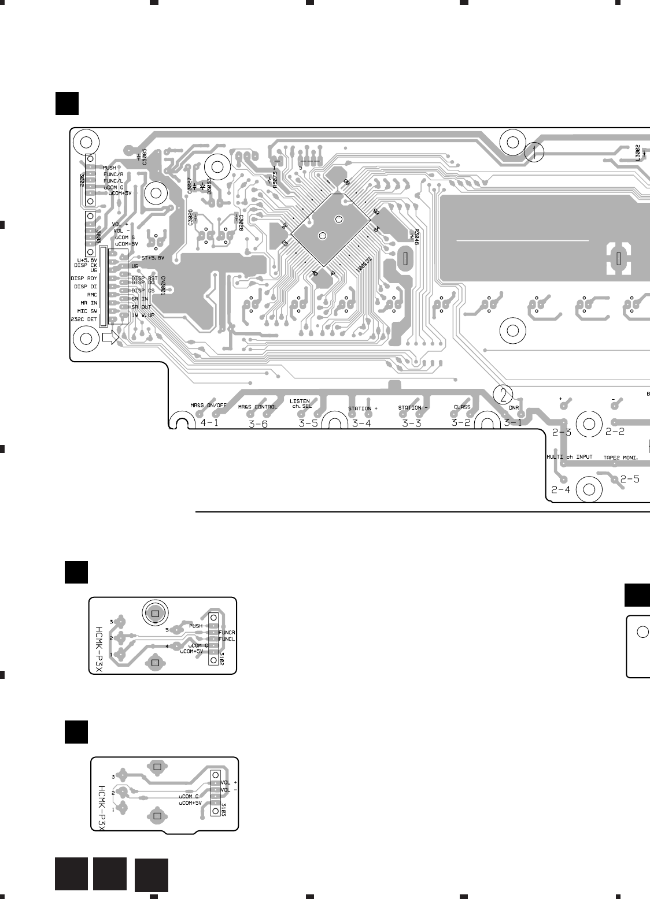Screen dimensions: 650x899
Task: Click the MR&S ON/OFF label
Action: pyautogui.click(x=208, y=406)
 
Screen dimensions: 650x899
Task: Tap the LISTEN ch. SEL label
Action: pyautogui.click(x=300, y=403)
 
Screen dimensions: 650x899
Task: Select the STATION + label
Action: pyautogui.click(x=363, y=408)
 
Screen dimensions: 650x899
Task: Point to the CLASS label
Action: pyautogui.click(x=462, y=407)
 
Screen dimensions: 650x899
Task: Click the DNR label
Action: pyautogui.click(x=514, y=408)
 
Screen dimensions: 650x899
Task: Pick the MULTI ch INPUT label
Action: pyautogui.click(x=570, y=456)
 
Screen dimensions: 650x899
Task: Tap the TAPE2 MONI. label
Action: pyautogui.click(x=621, y=458)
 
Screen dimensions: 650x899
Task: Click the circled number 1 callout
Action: pyautogui.click(x=535, y=152)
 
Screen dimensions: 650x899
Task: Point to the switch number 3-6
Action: pyautogui.click(x=258, y=424)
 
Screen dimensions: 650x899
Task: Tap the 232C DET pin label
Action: pyautogui.click(x=83, y=318)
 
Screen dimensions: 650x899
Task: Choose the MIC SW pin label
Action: pyautogui.click(x=86, y=310)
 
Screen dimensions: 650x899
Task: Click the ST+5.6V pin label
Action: pyautogui.click(x=153, y=258)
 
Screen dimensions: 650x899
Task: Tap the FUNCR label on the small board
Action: pyautogui.click(x=227, y=632)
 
